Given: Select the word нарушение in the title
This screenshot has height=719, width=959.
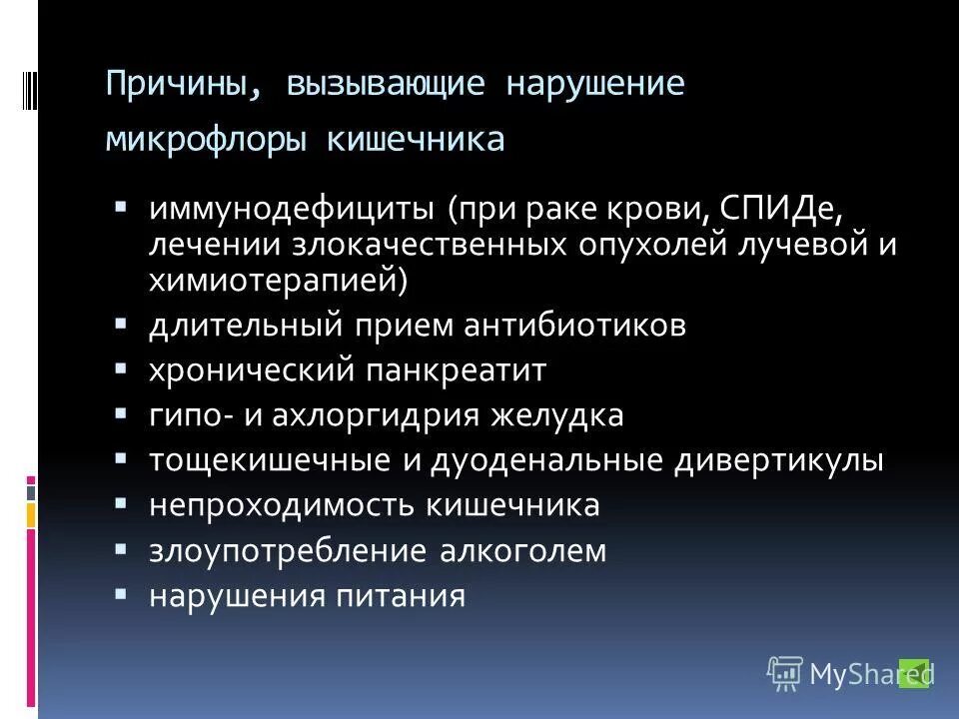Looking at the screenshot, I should coord(595,83).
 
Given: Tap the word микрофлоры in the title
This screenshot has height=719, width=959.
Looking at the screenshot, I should coord(209,139).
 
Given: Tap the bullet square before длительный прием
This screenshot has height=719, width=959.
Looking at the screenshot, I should coord(121,324).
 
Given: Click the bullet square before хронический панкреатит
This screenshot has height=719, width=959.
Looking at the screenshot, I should coord(121,368).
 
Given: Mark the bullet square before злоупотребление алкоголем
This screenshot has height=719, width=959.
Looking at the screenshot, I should coord(121,548).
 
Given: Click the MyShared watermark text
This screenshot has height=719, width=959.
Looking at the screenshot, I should coord(849,675).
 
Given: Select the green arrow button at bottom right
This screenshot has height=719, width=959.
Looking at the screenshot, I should coord(914,674).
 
